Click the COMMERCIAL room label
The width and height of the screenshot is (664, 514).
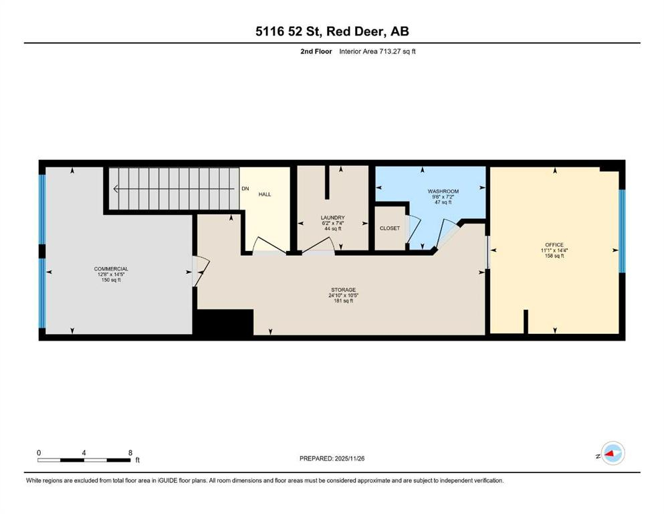point(111,268)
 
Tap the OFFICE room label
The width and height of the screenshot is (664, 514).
point(554,244)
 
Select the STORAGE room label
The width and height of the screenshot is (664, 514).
point(342,290)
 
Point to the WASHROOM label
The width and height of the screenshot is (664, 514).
point(443,191)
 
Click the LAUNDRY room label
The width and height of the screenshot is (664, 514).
point(332,218)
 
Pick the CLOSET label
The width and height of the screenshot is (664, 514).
point(390,228)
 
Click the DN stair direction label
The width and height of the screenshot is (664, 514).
point(245,189)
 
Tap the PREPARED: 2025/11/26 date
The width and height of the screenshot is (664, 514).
point(332,458)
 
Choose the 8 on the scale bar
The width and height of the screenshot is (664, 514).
point(130,452)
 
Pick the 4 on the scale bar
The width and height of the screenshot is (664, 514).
point(84,452)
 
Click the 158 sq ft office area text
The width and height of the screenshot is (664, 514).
point(554,256)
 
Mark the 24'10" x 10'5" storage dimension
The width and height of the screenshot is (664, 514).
point(342,295)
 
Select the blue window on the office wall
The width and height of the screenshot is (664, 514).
point(621,232)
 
